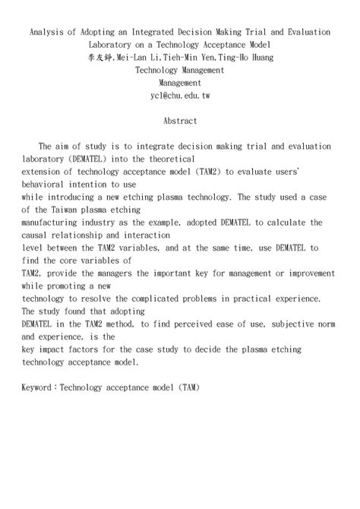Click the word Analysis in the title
point(47,32)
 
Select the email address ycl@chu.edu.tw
point(180,95)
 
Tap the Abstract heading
point(180,121)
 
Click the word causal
point(40,235)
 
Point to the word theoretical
point(202,159)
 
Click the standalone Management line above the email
point(180,82)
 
